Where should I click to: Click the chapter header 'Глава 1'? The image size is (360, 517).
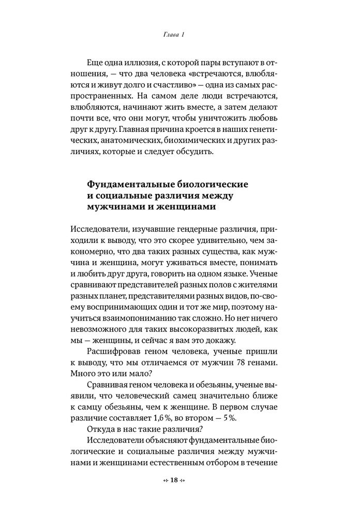click(x=170, y=35)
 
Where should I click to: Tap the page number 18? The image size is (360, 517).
click(x=174, y=480)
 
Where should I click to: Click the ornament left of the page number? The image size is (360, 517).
click(x=165, y=480)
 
